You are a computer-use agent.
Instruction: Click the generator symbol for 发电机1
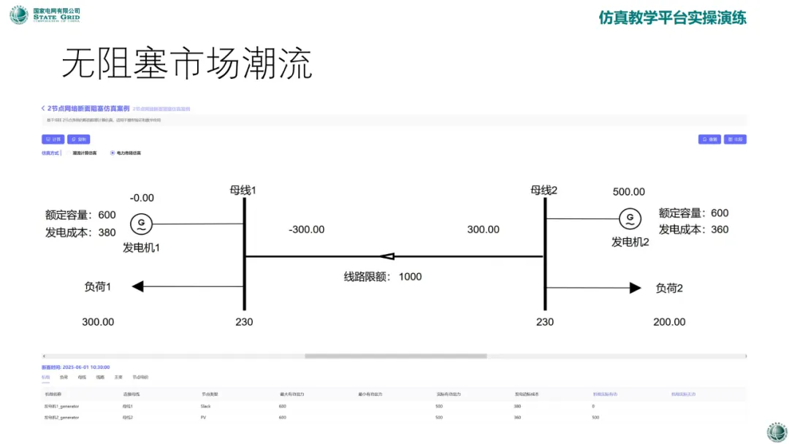(x=140, y=224)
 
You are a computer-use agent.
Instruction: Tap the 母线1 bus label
(x=243, y=191)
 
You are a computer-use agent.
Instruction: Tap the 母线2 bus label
(x=544, y=190)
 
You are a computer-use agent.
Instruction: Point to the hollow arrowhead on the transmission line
(x=387, y=256)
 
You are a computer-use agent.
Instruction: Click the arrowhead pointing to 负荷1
(x=137, y=287)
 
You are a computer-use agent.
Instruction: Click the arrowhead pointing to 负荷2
(x=635, y=288)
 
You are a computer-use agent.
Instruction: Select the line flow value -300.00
(x=306, y=229)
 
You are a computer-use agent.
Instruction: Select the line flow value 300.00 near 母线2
(x=483, y=229)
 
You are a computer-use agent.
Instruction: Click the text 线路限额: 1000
(x=383, y=277)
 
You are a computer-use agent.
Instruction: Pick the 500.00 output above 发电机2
(x=628, y=192)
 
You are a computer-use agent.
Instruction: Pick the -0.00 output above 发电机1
(x=142, y=198)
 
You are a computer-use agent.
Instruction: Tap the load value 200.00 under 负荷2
(x=669, y=321)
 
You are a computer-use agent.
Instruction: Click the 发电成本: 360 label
(x=693, y=229)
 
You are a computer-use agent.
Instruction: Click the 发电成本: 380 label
(x=80, y=232)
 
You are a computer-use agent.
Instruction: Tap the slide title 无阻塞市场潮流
(x=186, y=65)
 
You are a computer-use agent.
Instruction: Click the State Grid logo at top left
(x=19, y=15)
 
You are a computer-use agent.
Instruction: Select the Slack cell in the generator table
(x=205, y=405)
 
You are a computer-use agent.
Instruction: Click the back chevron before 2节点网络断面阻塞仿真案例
(x=43, y=108)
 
